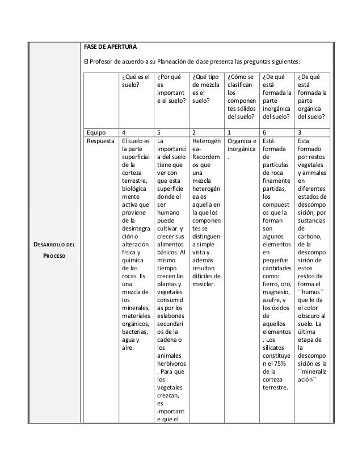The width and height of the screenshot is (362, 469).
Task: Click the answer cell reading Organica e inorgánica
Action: point(241,146)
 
